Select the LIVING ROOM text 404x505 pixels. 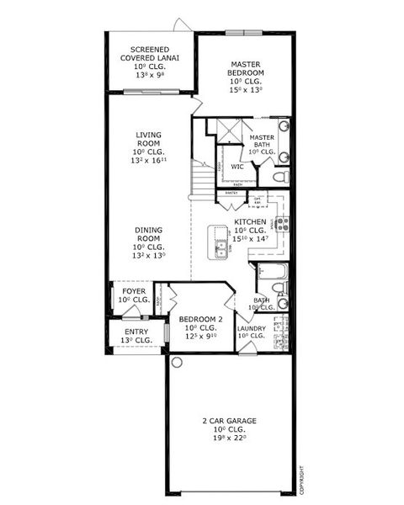pos(149,138)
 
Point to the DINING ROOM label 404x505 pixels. pos(149,232)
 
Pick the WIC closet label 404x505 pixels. pos(237,167)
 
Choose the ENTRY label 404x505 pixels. pos(136,332)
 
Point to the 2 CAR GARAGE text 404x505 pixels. pos(229,421)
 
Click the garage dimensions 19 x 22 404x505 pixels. pos(230,439)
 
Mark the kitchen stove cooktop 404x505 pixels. pos(283,225)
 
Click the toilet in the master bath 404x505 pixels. pos(283,177)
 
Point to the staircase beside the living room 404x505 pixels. pos(203,177)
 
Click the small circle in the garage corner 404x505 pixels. pos(177,362)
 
